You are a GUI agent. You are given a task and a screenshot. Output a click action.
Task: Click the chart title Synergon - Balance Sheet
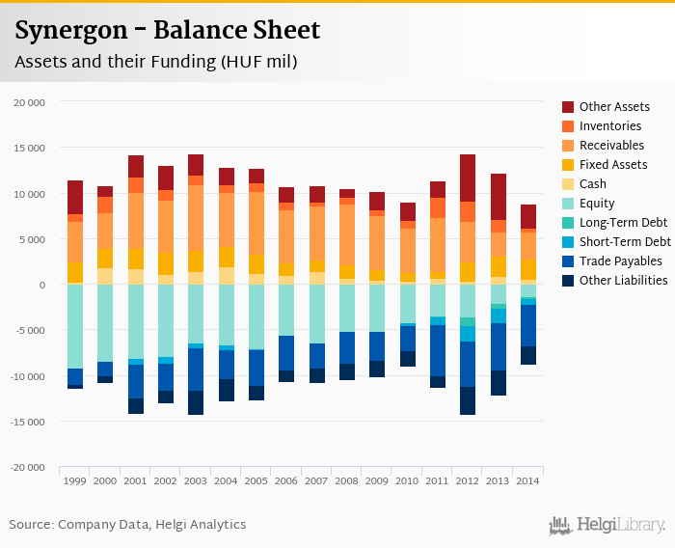pyautogui.click(x=168, y=31)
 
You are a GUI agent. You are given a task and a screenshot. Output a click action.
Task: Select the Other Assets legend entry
pyautogui.click(x=614, y=107)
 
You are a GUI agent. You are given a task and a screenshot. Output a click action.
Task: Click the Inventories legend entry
pyautogui.click(x=610, y=126)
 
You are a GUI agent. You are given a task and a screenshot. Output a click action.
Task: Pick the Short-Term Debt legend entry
pyautogui.click(x=625, y=242)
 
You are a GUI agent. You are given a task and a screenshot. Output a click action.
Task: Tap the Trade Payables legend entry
pyautogui.click(x=620, y=261)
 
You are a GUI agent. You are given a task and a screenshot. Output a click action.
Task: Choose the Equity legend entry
pyautogui.click(x=597, y=204)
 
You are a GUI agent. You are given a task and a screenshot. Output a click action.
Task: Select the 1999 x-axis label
pyautogui.click(x=74, y=480)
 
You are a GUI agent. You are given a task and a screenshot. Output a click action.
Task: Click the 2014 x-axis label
pyautogui.click(x=527, y=480)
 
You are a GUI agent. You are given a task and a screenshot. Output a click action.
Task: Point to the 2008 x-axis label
pyautogui.click(x=346, y=480)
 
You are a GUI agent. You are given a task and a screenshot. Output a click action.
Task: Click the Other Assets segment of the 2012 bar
pyautogui.click(x=468, y=178)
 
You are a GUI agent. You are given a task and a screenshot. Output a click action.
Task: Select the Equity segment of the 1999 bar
pyautogui.click(x=74, y=326)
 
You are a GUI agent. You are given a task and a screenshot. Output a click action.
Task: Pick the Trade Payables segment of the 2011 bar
pyautogui.click(x=437, y=350)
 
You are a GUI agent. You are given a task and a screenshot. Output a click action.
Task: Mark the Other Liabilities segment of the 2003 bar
pyautogui.click(x=196, y=402)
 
